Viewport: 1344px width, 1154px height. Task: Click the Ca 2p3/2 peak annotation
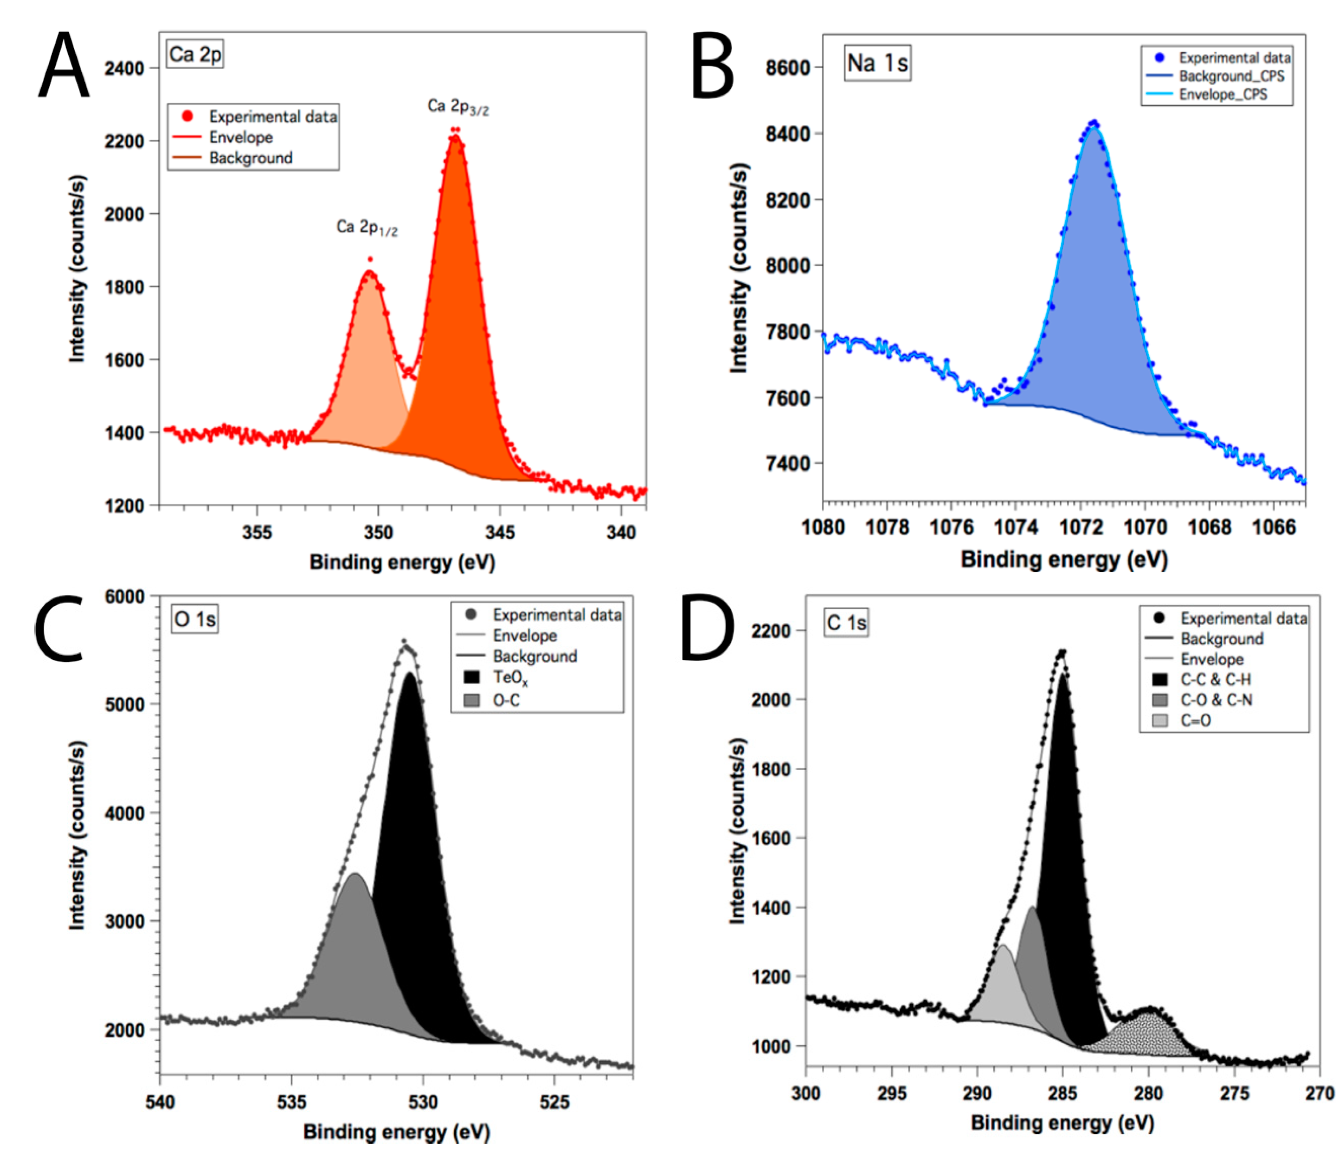[x=457, y=107]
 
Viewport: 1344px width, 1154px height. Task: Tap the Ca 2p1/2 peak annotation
[x=366, y=228]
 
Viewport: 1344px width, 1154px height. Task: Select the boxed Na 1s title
[x=877, y=63]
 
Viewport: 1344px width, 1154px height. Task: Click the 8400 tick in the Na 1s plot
[x=788, y=134]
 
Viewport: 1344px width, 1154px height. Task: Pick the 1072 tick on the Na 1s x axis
[x=1081, y=527]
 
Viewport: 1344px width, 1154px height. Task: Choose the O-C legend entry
[x=506, y=700]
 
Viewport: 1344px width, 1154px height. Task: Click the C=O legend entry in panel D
[x=1195, y=720]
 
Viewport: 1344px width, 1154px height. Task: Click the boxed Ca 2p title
[x=194, y=54]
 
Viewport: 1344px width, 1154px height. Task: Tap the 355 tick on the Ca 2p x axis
[x=257, y=532]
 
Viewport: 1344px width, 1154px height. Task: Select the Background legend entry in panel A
[x=250, y=158]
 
